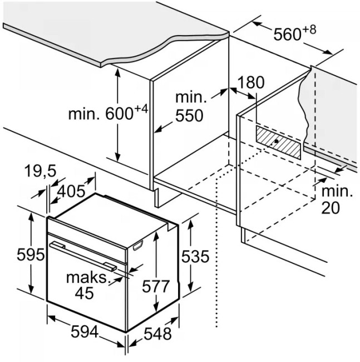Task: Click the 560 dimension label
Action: [288, 34]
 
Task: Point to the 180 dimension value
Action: [251, 83]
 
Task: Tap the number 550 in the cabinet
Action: [189, 116]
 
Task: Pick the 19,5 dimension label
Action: [41, 172]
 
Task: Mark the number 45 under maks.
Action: [84, 293]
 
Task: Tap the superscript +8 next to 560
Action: [309, 29]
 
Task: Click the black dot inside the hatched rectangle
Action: [277, 142]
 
